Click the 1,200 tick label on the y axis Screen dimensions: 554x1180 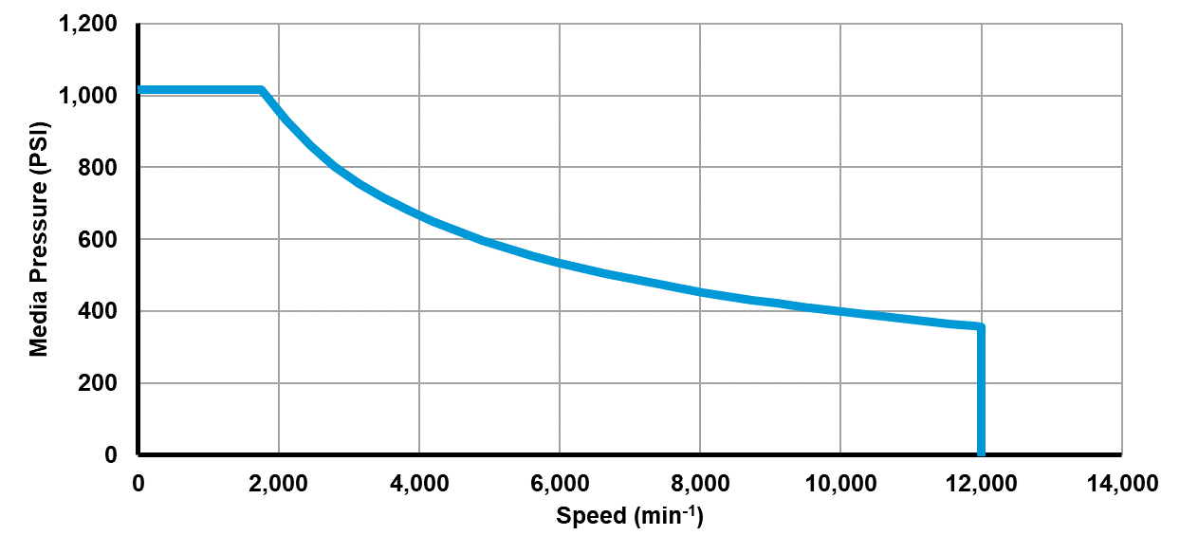coord(90,24)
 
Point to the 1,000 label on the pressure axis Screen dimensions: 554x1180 coord(90,96)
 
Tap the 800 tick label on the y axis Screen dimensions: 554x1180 coord(100,168)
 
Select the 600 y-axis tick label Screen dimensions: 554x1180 coord(100,240)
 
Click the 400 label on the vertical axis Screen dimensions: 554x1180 coord(100,311)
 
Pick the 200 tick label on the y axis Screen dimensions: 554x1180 coord(100,383)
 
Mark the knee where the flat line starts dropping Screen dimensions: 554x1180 coord(261,90)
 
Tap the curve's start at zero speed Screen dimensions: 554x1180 coord(140,90)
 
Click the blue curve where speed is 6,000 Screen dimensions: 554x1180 coord(560,263)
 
